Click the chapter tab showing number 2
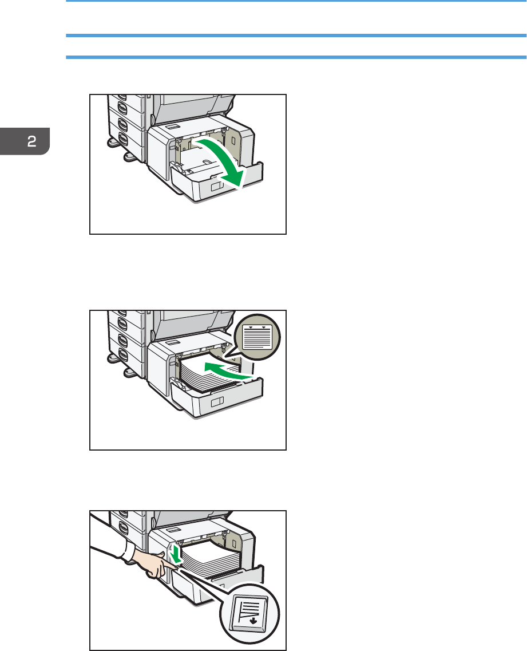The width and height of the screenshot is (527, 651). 25,141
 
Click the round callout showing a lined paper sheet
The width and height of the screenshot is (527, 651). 257,337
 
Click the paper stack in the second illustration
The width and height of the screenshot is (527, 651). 209,374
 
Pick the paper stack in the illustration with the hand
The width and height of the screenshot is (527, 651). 211,558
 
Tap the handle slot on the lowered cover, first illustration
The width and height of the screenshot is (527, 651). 217,186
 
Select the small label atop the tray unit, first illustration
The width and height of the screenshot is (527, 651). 172,126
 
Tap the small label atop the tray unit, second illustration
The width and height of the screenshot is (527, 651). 172,342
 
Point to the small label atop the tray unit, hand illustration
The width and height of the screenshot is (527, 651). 173,530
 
